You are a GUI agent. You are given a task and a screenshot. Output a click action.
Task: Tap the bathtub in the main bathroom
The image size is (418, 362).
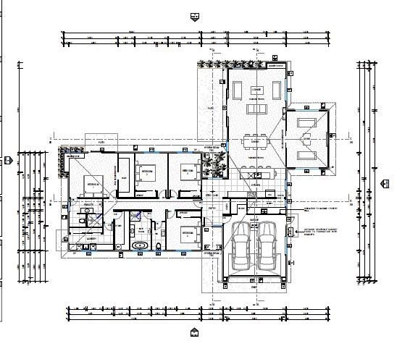(x=141, y=246)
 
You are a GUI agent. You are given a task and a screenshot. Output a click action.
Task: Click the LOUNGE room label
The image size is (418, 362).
(x=256, y=89)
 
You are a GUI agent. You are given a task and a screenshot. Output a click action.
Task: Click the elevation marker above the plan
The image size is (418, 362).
(x=193, y=15)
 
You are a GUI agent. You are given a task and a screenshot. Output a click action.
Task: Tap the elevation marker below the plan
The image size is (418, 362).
(x=193, y=332)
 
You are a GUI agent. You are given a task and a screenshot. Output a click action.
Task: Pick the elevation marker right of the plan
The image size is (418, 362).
(x=385, y=183)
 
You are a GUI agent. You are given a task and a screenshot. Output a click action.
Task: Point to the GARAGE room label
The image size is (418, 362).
(x=254, y=219)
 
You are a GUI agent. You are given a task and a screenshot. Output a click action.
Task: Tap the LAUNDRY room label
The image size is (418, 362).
(x=92, y=237)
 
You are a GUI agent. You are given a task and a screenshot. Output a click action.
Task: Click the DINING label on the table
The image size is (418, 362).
(x=255, y=157)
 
